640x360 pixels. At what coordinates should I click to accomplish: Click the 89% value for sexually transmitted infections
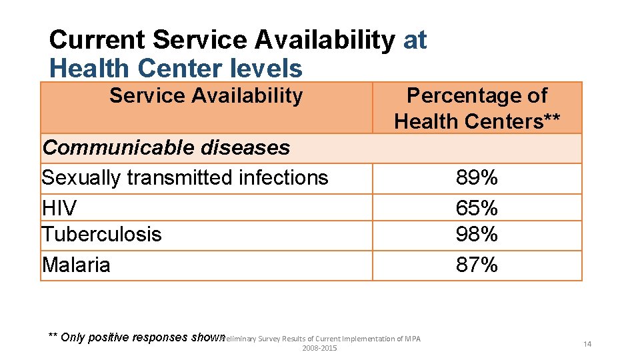(477, 178)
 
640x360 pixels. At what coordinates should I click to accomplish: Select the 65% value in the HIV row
(477, 208)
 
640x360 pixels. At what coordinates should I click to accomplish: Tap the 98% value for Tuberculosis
(477, 235)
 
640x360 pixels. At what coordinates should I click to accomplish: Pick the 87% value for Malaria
(477, 265)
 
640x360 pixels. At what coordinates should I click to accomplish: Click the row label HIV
(59, 208)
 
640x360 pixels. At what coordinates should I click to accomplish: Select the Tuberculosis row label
(101, 235)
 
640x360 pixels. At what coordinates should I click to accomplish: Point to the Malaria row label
(76, 265)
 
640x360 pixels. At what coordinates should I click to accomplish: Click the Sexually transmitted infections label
(185, 178)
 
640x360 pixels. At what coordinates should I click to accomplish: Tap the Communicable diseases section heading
(166, 147)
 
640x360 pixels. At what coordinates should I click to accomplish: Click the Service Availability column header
(205, 96)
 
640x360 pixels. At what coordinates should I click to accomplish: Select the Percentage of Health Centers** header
(477, 109)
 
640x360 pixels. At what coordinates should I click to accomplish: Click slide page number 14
(587, 344)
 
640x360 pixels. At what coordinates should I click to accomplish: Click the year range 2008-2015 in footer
(319, 349)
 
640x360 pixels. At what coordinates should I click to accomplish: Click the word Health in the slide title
(89, 68)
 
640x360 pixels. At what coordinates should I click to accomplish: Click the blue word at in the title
(415, 40)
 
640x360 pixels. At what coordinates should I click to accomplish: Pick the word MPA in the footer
(413, 339)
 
